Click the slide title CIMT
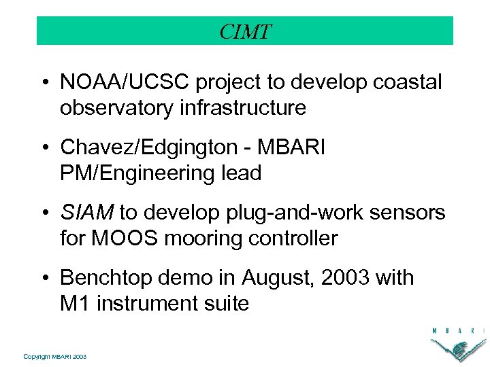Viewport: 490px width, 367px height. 245,31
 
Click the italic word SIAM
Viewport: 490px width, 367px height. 87,213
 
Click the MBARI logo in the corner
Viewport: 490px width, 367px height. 457,343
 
